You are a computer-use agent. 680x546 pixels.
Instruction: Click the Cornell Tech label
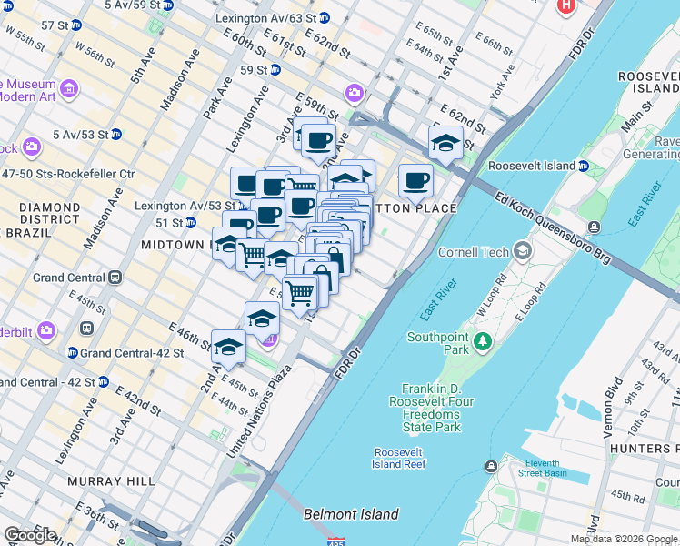pos(472,251)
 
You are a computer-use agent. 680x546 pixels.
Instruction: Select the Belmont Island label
pos(351,514)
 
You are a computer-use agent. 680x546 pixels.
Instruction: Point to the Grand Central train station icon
pos(115,277)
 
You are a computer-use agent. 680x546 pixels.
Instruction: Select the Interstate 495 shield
pos(336,541)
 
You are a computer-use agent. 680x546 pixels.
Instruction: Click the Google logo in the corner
pos(30,535)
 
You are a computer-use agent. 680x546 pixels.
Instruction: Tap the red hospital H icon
pos(566,5)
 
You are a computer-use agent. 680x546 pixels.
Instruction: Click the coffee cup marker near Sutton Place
pos(415,181)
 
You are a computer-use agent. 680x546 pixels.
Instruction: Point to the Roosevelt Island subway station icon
pos(582,167)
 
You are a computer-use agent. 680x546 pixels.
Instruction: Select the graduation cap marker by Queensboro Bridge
pos(445,143)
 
